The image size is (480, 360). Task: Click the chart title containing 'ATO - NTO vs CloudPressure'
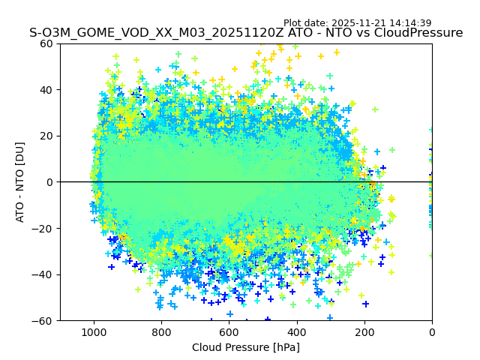click(246, 33)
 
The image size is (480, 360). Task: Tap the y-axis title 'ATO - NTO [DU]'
click(20, 181)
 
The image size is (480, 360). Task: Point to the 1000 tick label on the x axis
click(94, 331)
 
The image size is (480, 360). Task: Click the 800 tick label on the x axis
click(161, 331)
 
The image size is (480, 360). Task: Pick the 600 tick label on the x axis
click(229, 331)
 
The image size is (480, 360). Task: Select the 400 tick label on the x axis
click(296, 331)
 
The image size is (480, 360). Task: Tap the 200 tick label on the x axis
click(364, 331)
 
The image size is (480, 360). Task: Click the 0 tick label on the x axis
click(432, 331)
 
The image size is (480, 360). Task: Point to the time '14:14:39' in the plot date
click(409, 23)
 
